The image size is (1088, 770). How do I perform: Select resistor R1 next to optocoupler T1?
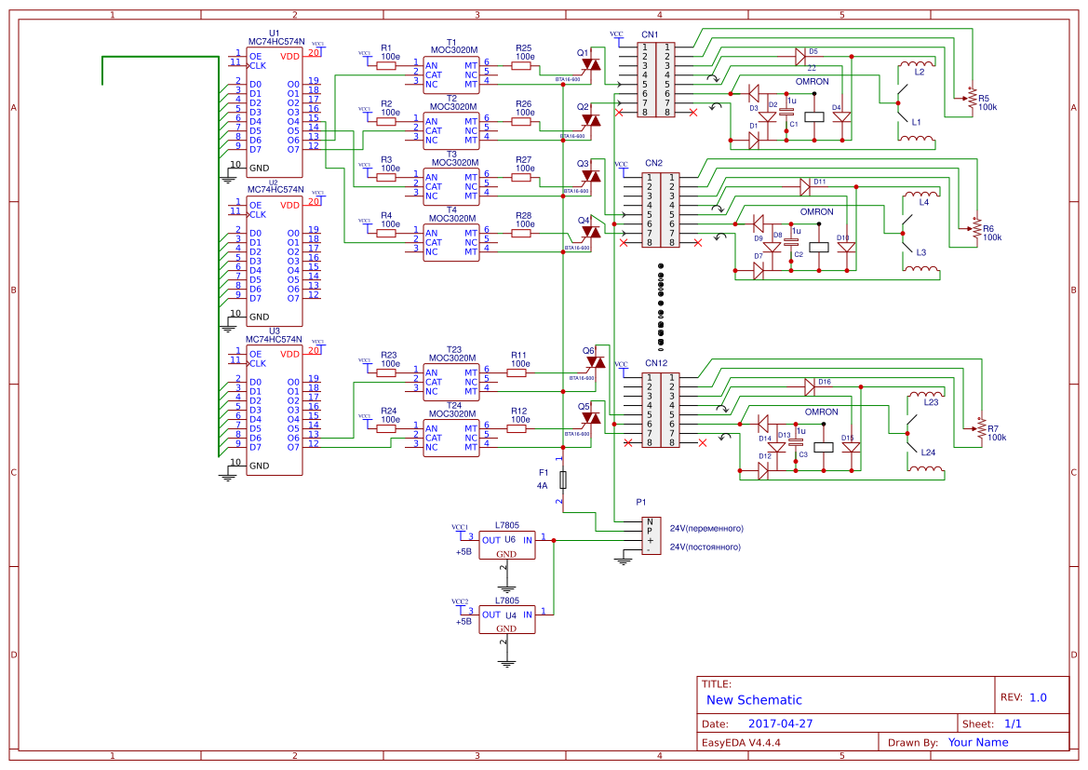[386, 66]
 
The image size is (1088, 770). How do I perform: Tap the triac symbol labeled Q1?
[590, 65]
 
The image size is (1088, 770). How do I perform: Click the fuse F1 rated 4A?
[563, 480]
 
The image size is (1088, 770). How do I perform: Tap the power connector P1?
[651, 536]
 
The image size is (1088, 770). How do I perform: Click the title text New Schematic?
[754, 700]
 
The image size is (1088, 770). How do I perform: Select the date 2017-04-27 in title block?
[781, 723]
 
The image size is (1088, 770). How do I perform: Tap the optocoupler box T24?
[451, 439]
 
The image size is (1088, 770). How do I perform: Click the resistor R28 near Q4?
[522, 234]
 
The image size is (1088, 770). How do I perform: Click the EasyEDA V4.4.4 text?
[741, 743]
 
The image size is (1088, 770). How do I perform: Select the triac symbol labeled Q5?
[590, 421]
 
